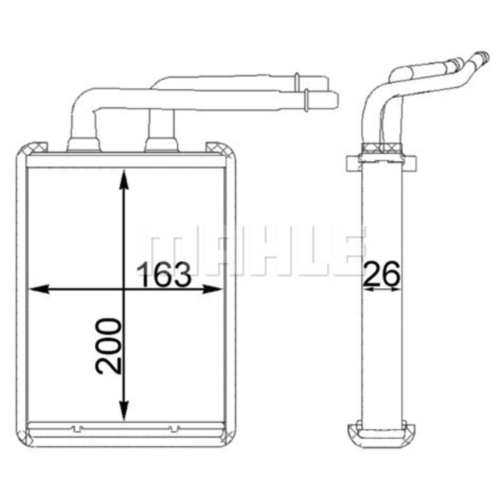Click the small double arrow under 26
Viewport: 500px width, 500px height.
(381, 289)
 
